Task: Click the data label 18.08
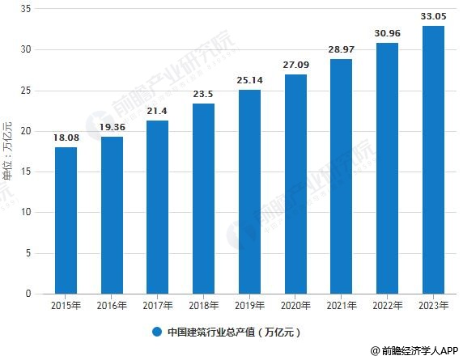66,138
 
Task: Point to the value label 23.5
204,95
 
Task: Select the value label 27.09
295,66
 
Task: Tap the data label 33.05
434,17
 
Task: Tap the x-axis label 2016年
112,306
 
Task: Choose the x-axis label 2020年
295,306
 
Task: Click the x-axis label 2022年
388,306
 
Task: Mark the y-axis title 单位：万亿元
8,150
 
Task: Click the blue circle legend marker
156,332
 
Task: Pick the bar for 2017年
158,207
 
